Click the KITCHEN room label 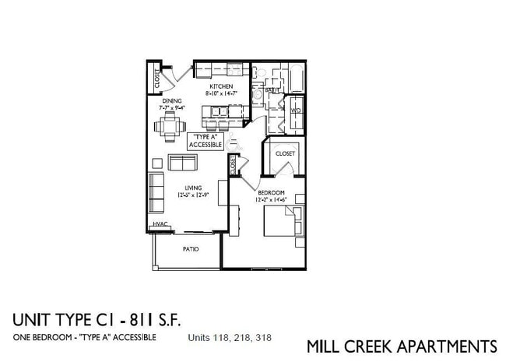(219, 86)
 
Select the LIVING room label (193, 188)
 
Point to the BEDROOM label (271, 192)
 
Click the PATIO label (190, 249)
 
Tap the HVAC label (160, 224)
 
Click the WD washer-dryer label (295, 111)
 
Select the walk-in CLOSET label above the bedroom (285, 153)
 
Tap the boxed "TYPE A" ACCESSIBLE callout (206, 141)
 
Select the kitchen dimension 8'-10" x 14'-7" (220, 93)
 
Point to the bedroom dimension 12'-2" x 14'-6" (271, 200)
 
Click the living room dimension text (193, 195)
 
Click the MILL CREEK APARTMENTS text (402, 346)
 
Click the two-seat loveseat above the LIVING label (183, 163)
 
